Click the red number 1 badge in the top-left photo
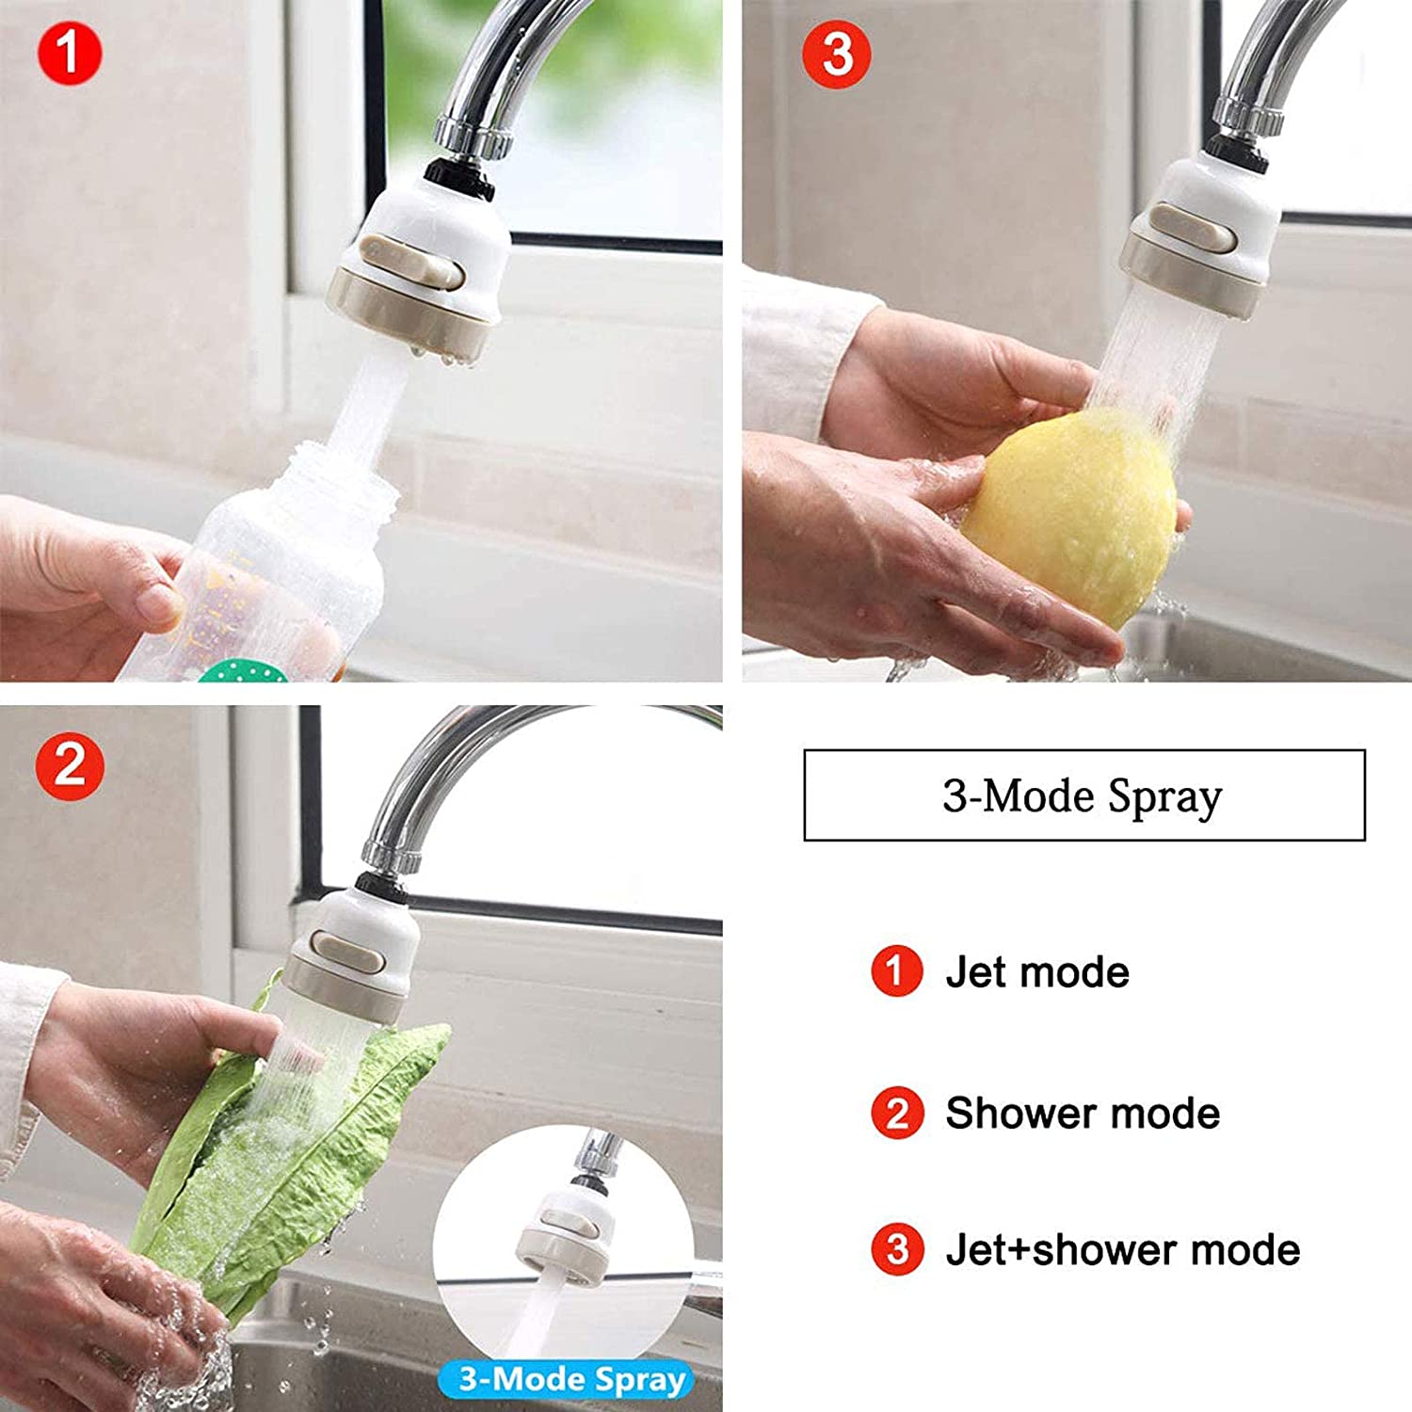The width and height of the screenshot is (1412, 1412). click(69, 54)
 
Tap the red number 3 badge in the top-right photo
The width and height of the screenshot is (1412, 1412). click(836, 55)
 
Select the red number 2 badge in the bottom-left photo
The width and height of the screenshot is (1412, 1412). click(69, 765)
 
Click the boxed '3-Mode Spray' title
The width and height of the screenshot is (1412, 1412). click(1083, 795)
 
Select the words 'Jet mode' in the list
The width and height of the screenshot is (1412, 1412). click(1036, 971)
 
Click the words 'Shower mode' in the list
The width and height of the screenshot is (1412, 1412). click(1083, 1113)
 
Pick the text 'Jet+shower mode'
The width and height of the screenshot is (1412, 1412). click(1122, 1249)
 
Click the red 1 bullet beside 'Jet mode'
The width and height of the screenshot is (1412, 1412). click(895, 971)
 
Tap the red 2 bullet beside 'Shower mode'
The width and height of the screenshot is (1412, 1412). click(896, 1113)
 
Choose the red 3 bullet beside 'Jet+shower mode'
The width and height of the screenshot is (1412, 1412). click(896, 1249)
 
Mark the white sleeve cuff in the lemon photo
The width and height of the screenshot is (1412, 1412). click(800, 358)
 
